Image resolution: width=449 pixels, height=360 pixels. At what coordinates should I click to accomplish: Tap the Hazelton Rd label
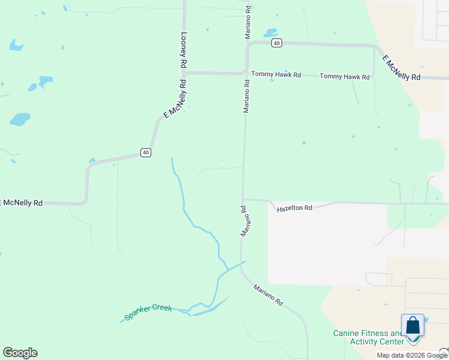(295, 208)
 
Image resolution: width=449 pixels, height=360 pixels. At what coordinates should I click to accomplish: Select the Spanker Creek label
(148, 312)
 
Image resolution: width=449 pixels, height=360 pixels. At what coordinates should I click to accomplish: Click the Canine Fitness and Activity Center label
(369, 337)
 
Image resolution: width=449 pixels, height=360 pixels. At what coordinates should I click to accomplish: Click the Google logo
(20, 353)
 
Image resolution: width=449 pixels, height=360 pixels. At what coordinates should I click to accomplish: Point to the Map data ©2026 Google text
(411, 355)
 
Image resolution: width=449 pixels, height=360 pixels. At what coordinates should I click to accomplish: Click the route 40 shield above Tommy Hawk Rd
(276, 43)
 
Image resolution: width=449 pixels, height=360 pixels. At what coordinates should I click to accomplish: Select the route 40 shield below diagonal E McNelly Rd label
(146, 152)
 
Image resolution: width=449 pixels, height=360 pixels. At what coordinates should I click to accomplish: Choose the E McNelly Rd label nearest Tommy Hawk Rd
(401, 68)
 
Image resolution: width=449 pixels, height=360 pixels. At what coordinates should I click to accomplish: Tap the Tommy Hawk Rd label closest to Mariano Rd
(276, 74)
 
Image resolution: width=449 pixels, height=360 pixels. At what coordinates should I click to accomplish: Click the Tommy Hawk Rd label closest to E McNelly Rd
(344, 76)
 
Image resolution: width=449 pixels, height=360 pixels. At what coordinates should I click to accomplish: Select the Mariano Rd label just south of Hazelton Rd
(245, 221)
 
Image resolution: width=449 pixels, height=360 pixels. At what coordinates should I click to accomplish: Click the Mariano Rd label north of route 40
(247, 23)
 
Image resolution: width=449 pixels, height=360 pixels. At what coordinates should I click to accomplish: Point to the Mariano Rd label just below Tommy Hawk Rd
(246, 96)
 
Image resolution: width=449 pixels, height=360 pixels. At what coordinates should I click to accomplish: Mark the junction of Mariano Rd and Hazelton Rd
(243, 200)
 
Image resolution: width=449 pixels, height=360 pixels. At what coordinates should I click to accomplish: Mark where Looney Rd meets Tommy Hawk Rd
(185, 73)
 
